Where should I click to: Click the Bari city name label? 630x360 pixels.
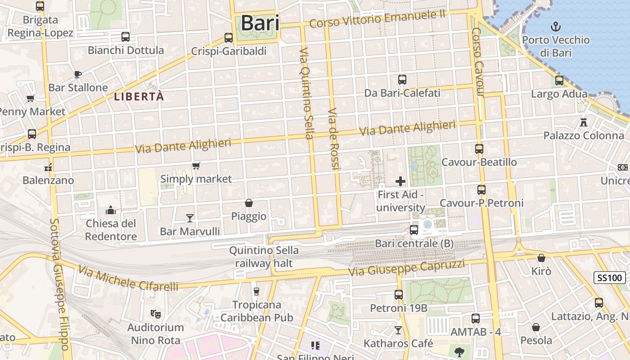point(260,23)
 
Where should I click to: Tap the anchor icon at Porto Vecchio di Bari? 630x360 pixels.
point(556,26)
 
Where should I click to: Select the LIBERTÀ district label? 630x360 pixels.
point(139,96)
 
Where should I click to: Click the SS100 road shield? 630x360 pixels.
point(610,278)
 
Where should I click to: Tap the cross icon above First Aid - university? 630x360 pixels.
point(400,181)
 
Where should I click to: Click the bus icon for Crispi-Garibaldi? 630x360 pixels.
point(229,38)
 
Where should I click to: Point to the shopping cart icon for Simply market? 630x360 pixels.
point(196,166)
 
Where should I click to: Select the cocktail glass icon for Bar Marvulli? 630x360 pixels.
point(190,218)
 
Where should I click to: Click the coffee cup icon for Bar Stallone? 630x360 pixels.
point(78,74)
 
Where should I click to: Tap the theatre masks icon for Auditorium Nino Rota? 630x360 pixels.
point(156,314)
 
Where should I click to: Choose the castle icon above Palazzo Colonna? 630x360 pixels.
point(584,122)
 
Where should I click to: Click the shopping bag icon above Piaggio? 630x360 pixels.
point(249,203)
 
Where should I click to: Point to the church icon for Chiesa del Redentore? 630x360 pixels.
point(111,210)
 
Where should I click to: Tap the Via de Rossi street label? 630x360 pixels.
point(333,139)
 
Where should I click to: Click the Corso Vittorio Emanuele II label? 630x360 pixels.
point(377,19)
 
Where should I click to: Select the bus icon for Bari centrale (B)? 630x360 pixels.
point(414,230)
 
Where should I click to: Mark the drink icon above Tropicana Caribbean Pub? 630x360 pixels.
point(256,292)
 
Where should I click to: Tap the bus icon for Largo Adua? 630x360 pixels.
point(559,81)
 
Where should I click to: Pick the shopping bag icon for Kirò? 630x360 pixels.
point(541,258)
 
